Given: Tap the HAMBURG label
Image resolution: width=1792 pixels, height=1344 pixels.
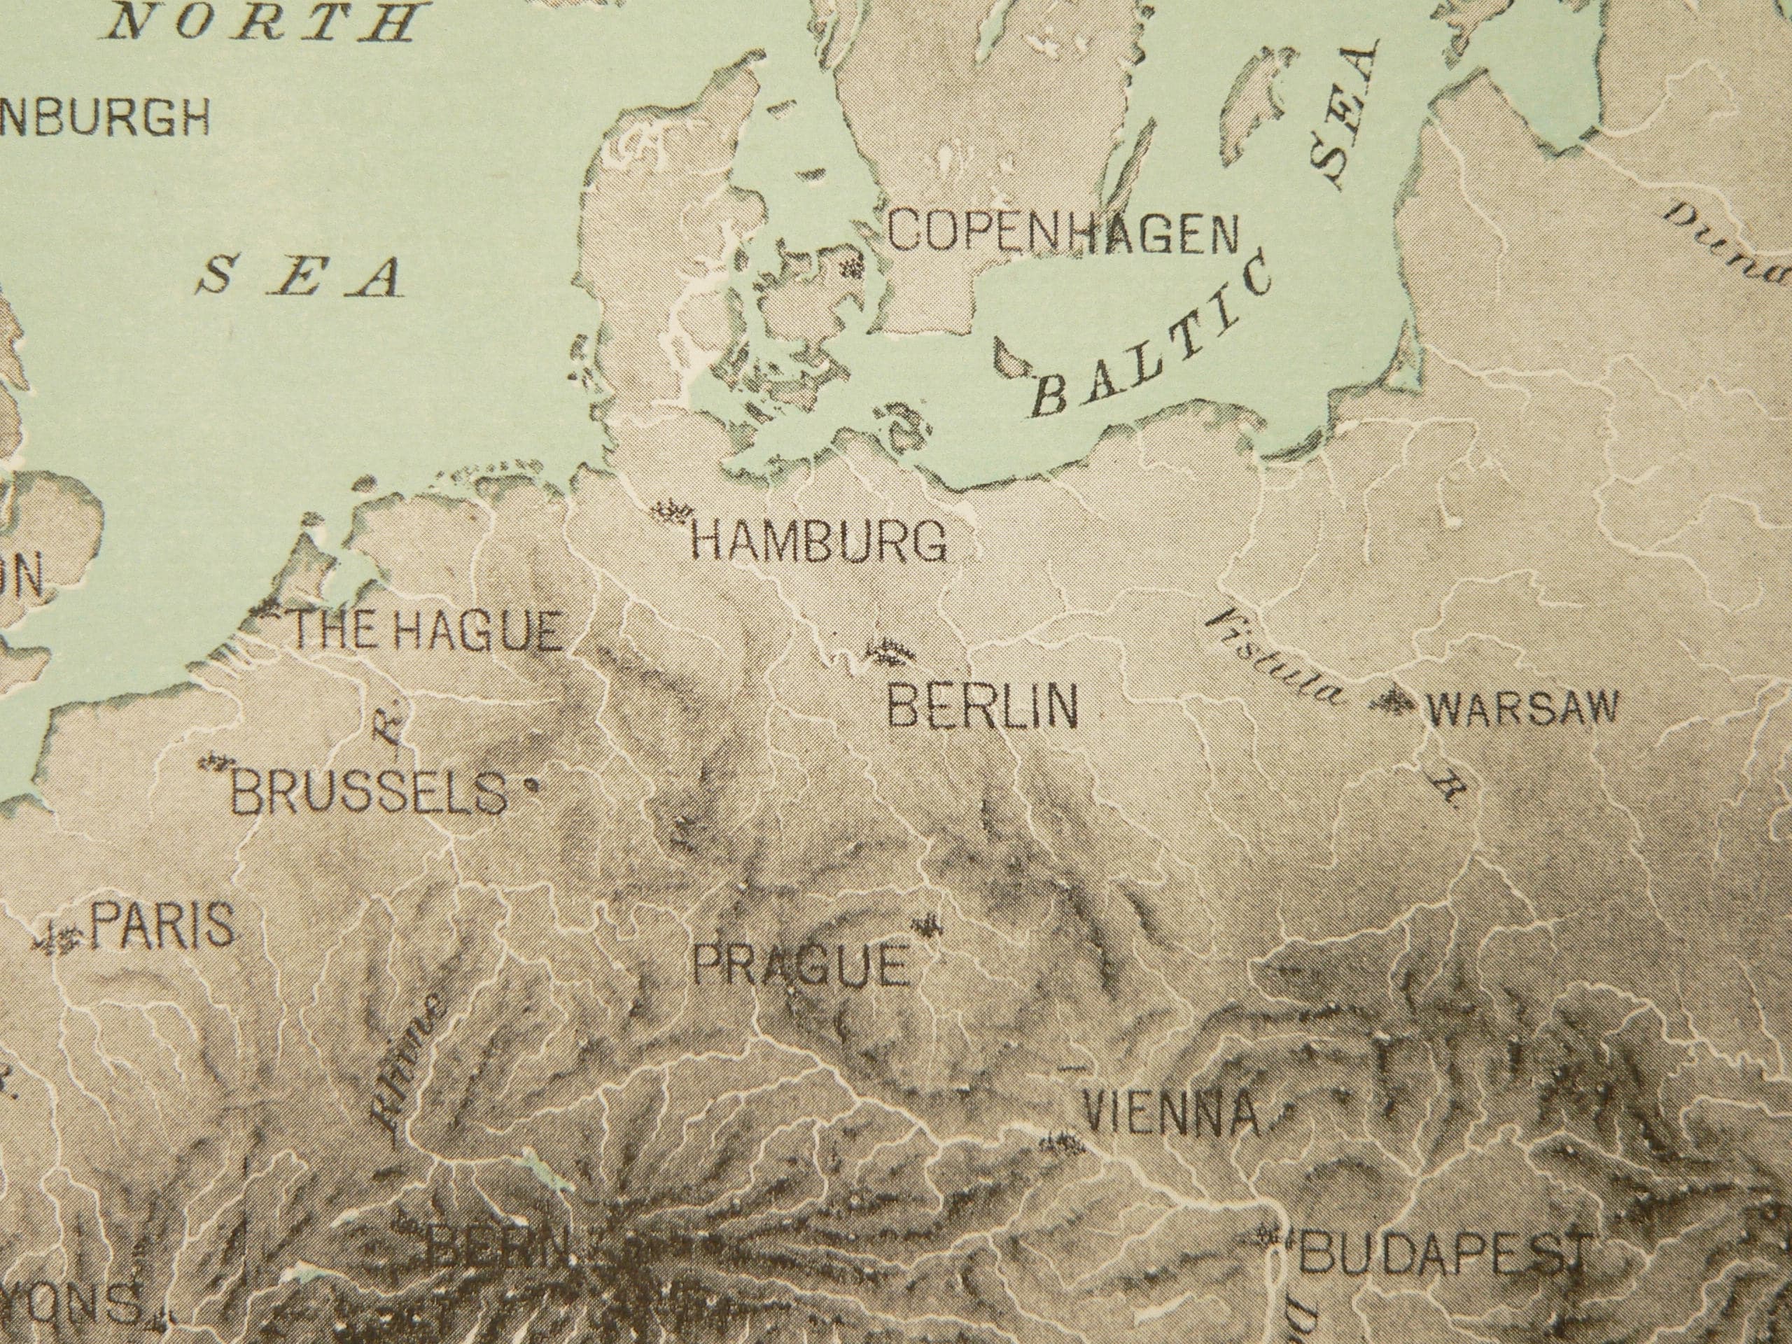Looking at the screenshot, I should [x=818, y=541].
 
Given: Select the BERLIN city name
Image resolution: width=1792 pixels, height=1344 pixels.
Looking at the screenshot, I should [x=983, y=706].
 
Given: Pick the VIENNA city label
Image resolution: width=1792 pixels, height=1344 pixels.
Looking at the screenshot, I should [x=1171, y=1114].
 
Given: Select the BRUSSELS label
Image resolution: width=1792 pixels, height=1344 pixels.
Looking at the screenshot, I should [x=370, y=793].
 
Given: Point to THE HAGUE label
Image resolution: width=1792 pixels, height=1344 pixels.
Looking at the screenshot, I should [x=426, y=631].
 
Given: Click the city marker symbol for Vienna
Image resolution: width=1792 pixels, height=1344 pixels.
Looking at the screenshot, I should [x=1062, y=1143].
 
